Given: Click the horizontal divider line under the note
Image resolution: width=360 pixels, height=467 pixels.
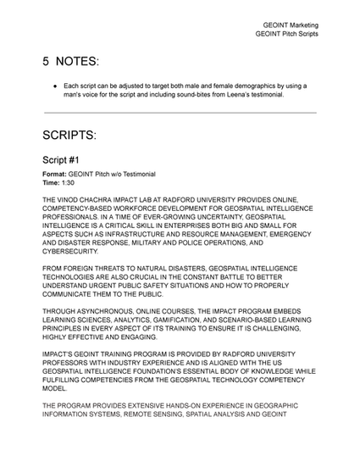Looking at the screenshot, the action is click(180, 113).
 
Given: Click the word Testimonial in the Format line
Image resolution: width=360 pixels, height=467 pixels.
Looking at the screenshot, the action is click(136, 174).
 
